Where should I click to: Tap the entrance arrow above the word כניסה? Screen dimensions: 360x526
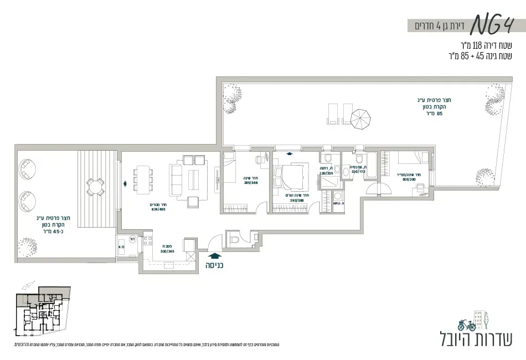[x=214, y=255]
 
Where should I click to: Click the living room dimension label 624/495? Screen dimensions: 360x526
[x=158, y=209]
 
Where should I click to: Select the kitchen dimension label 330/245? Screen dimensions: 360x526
[x=167, y=250]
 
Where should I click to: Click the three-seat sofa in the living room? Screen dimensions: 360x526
[x=177, y=178]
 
